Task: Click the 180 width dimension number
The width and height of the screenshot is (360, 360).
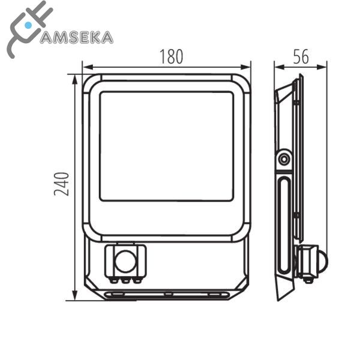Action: pyautogui.click(x=171, y=56)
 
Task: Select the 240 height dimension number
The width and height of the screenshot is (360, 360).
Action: pyautogui.click(x=61, y=184)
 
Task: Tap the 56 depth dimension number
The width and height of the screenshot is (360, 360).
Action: pyautogui.click(x=301, y=56)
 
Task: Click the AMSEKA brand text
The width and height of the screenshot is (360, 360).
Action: pyautogui.click(x=77, y=38)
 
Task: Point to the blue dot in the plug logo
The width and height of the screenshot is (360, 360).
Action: pyautogui.click(x=28, y=25)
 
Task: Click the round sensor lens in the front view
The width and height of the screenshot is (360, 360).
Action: pyautogui.click(x=127, y=262)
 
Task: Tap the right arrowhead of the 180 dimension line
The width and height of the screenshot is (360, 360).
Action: pyautogui.click(x=245, y=67)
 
